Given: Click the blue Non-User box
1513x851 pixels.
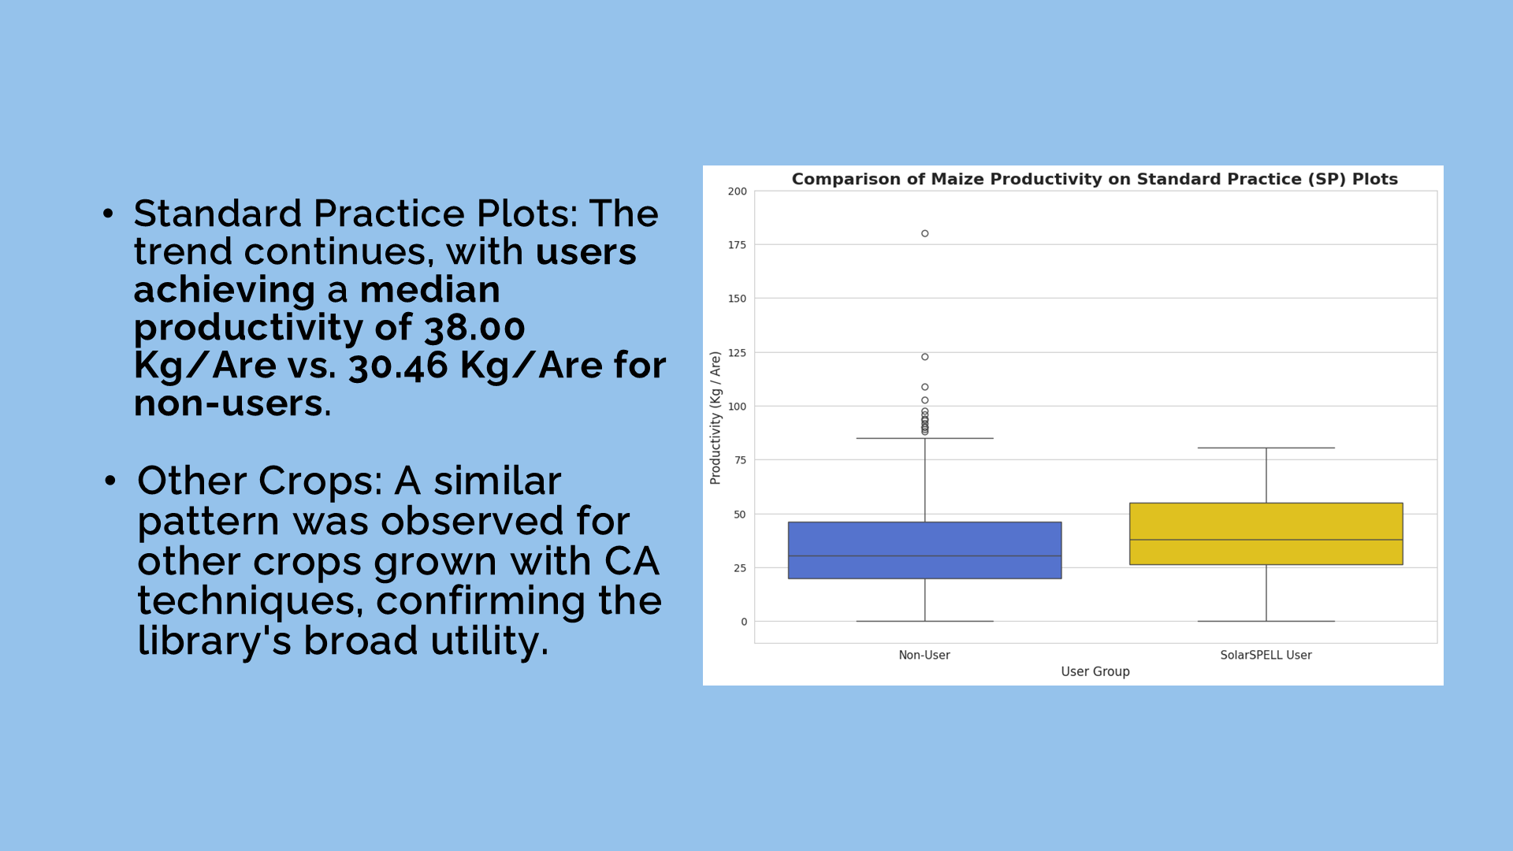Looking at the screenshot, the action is point(924,550).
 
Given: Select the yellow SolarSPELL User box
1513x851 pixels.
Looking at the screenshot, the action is point(1266,533).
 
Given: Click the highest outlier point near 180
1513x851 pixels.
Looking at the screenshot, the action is point(924,233).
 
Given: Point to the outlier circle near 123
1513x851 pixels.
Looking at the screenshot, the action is point(924,357).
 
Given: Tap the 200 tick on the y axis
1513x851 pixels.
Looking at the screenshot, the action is point(738,191).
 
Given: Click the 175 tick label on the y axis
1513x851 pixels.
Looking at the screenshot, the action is point(738,245).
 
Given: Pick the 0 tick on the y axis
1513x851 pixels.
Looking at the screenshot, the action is point(744,622).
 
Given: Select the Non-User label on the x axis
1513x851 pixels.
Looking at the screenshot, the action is point(924,655).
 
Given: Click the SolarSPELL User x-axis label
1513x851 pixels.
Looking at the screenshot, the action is point(1266,655).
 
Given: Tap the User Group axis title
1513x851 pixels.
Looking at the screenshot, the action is point(1095,671).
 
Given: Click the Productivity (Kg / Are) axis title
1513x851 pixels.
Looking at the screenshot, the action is point(716,418).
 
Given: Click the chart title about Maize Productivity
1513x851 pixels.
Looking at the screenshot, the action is point(1095,179).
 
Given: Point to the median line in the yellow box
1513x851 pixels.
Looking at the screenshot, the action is point(1266,540).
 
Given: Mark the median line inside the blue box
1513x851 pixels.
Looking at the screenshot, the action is point(924,556).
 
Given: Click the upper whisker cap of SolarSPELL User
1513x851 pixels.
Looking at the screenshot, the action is point(1266,448).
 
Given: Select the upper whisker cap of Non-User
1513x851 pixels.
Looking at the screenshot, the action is point(924,438).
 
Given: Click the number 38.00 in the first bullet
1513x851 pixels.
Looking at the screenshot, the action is point(474,328).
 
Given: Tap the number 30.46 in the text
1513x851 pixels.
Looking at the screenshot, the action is point(398,366).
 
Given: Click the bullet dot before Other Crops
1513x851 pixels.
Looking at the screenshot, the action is point(110,480).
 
